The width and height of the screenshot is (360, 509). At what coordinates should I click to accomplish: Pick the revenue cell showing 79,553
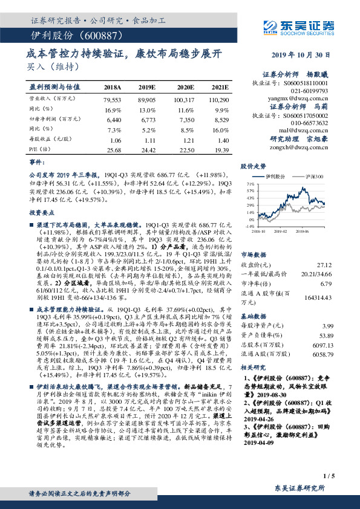[x=113, y=99]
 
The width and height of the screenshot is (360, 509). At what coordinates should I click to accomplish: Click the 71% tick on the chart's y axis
[x=249, y=182]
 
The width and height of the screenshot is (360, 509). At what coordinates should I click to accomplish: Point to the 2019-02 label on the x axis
[x=285, y=231]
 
